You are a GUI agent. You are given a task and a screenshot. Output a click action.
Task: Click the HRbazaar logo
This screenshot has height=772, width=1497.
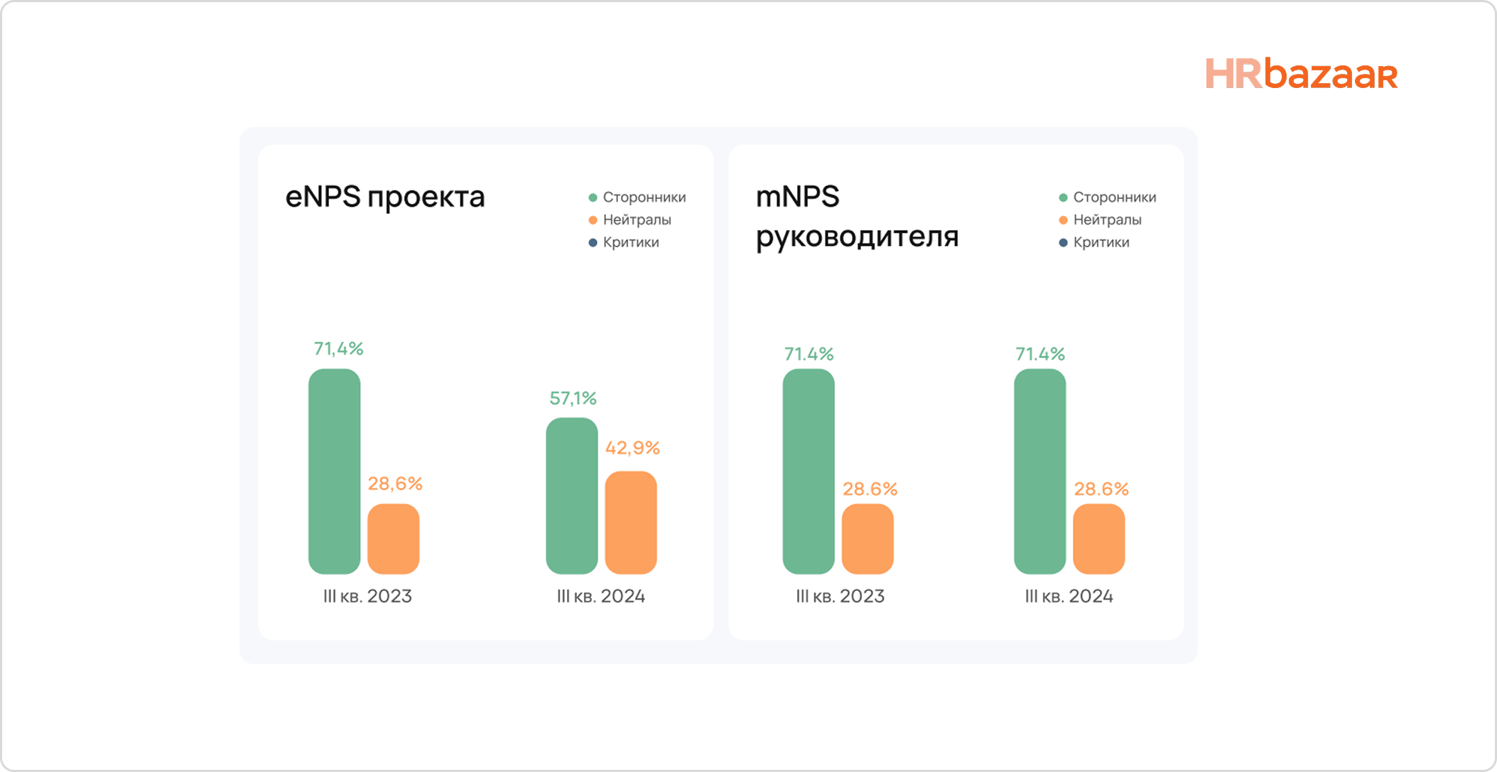(x=1301, y=74)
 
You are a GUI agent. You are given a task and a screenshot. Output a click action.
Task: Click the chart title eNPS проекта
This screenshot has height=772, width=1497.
(x=385, y=197)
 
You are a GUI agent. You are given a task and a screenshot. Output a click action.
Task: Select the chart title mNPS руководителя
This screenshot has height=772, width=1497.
(x=856, y=216)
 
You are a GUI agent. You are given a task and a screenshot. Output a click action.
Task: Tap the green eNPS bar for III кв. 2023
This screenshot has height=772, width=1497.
(x=334, y=471)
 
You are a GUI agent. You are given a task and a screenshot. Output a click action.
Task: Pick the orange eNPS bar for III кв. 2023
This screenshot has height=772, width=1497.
(x=393, y=538)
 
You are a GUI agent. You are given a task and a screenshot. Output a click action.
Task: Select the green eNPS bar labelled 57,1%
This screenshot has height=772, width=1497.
(x=571, y=496)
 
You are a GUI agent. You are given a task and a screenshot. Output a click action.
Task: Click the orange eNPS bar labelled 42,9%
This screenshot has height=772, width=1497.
(x=630, y=522)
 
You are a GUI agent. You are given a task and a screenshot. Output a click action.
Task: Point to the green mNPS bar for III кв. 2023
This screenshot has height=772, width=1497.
(x=808, y=471)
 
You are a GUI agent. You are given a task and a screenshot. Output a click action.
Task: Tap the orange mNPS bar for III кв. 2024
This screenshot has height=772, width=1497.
(x=1098, y=538)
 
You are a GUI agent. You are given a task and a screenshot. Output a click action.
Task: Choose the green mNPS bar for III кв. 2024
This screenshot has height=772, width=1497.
(x=1039, y=471)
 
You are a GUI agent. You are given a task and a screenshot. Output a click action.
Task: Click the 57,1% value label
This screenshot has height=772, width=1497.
(x=573, y=398)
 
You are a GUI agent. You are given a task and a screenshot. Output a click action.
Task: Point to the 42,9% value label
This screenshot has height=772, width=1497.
(x=632, y=448)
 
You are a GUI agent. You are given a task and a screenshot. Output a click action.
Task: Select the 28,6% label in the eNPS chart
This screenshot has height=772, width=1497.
(x=395, y=484)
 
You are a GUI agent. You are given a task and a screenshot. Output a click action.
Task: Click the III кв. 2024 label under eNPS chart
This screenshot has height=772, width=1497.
(x=600, y=596)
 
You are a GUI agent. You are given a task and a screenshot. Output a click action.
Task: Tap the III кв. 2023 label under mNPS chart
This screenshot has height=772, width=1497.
(x=840, y=596)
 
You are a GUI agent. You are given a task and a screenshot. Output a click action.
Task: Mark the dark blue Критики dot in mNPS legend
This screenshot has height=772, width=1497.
(x=1063, y=243)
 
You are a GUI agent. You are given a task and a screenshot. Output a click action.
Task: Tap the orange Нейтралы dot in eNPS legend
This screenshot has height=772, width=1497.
(x=593, y=220)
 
